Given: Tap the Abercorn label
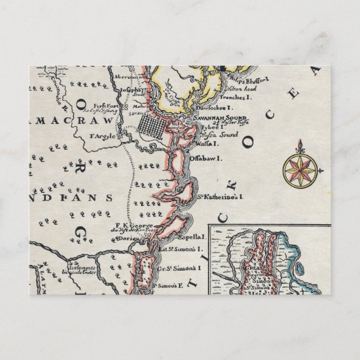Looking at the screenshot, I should click(x=125, y=77).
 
